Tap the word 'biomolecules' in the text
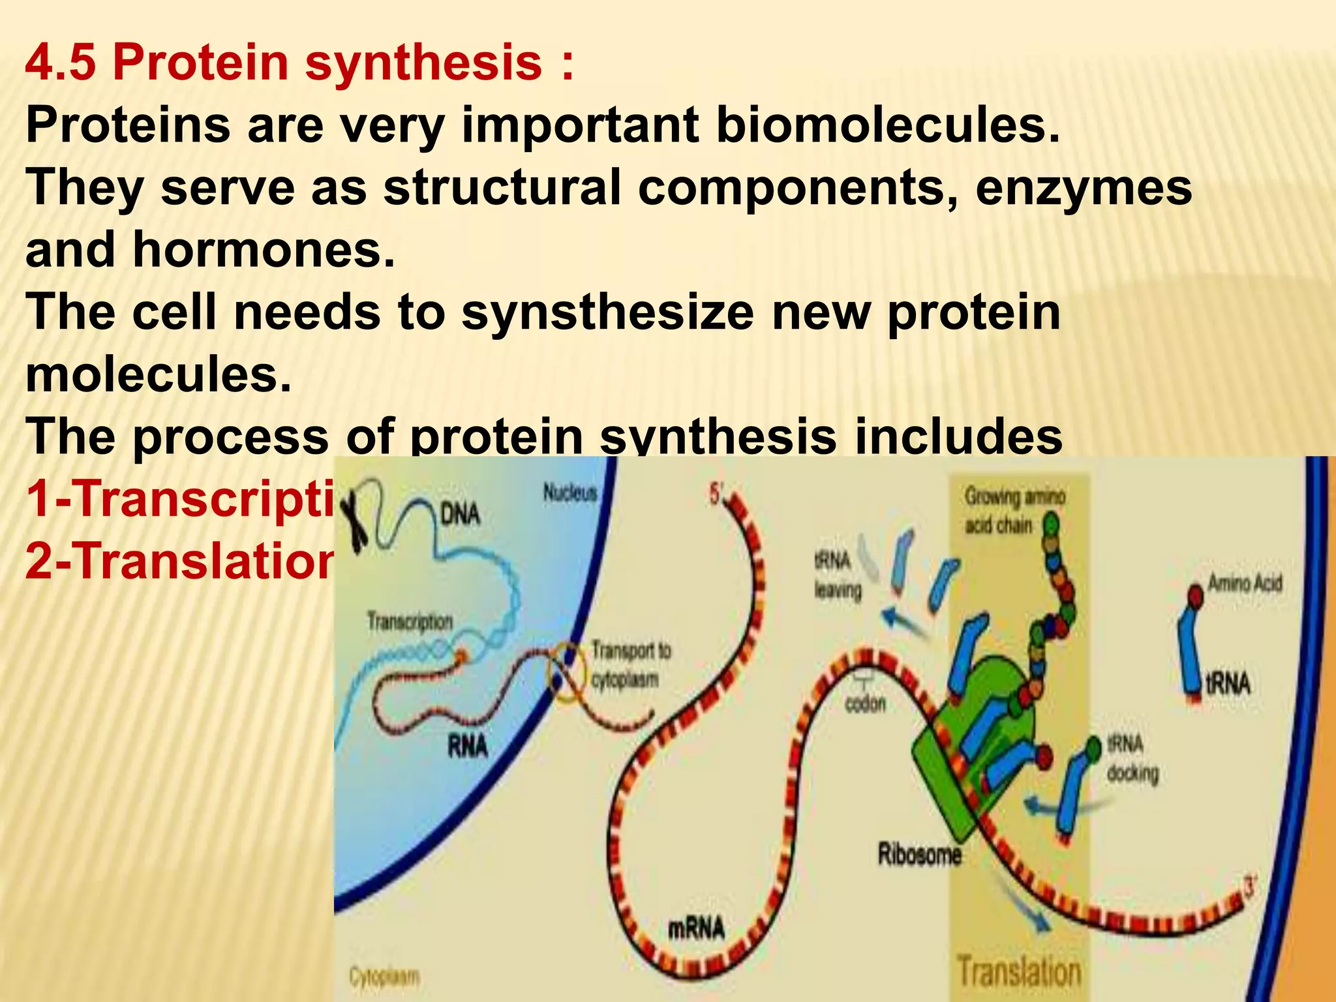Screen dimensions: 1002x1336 click(x=887, y=125)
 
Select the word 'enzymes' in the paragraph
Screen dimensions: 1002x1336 click(x=1084, y=188)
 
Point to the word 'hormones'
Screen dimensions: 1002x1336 click(x=264, y=250)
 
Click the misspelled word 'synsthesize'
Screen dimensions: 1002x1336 click(x=607, y=312)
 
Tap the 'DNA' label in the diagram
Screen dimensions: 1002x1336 click(x=460, y=515)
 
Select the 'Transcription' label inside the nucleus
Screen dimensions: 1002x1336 click(x=410, y=622)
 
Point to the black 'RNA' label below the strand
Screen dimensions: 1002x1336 click(x=467, y=746)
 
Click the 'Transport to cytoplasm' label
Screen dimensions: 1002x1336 click(x=630, y=665)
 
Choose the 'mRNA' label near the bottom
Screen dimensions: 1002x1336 click(x=695, y=928)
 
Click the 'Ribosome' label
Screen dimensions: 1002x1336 click(x=919, y=854)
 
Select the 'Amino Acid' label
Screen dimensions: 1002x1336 click(x=1245, y=583)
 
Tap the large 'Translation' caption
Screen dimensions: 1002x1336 click(x=1018, y=971)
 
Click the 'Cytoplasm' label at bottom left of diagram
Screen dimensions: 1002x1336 click(x=384, y=977)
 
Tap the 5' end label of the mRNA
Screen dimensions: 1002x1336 click(x=716, y=494)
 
